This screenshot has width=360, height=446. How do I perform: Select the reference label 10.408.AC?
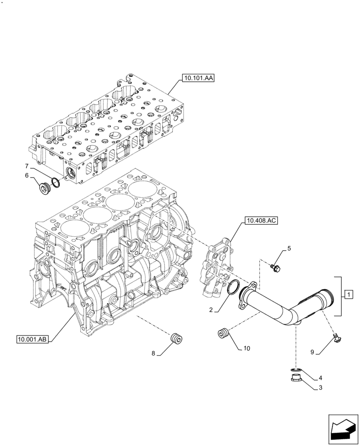click(260, 220)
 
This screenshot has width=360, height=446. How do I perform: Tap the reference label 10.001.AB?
click(33, 340)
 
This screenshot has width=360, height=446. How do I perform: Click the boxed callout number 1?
click(348, 294)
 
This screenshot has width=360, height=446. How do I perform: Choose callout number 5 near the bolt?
click(289, 248)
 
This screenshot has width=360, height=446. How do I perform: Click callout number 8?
click(153, 353)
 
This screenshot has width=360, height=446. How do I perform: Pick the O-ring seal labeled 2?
click(233, 288)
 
